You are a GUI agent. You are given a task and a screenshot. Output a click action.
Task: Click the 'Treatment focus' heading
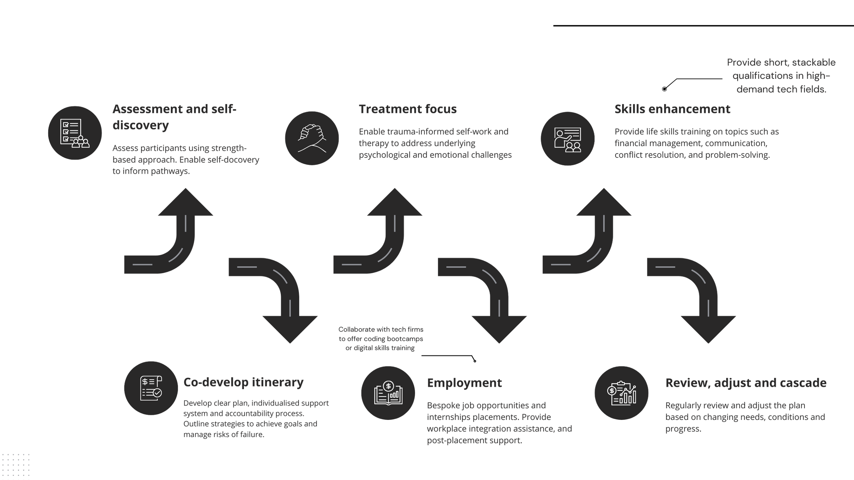tap(408, 109)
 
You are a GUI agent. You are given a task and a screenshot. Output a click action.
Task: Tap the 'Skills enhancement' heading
tap(672, 109)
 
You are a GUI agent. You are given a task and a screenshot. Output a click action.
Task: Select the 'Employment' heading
tap(464, 383)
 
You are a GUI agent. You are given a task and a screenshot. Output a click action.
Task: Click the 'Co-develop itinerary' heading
tap(243, 382)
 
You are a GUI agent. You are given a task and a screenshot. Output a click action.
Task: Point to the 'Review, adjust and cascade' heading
tap(746, 383)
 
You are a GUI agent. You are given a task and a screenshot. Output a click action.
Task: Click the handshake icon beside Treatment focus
tap(312, 138)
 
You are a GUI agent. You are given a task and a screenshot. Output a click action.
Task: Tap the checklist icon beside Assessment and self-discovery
tap(75, 133)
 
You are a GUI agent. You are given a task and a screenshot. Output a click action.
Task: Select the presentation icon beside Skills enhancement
tap(567, 139)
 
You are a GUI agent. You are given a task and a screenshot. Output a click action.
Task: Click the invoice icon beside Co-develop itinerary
tap(151, 388)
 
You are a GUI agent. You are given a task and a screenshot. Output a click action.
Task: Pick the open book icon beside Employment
tap(388, 393)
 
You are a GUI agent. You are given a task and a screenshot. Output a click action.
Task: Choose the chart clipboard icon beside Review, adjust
tap(621, 393)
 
